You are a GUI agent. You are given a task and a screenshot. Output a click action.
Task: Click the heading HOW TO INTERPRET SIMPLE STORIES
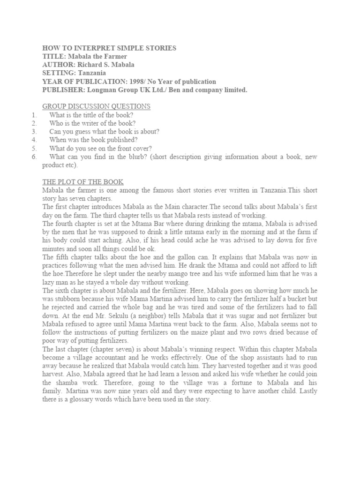tap(109, 48)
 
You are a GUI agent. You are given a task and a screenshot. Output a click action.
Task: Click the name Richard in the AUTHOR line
tap(91, 65)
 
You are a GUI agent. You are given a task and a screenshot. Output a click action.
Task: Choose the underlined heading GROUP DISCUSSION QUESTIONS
tap(96, 107)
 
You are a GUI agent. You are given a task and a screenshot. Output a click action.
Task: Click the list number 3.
tap(34, 132)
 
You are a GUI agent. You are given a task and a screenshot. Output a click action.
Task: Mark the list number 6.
tap(34, 157)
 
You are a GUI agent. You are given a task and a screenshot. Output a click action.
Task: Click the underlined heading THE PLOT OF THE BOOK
tap(83, 182)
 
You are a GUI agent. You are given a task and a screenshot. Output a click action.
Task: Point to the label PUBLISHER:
tap(61, 90)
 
